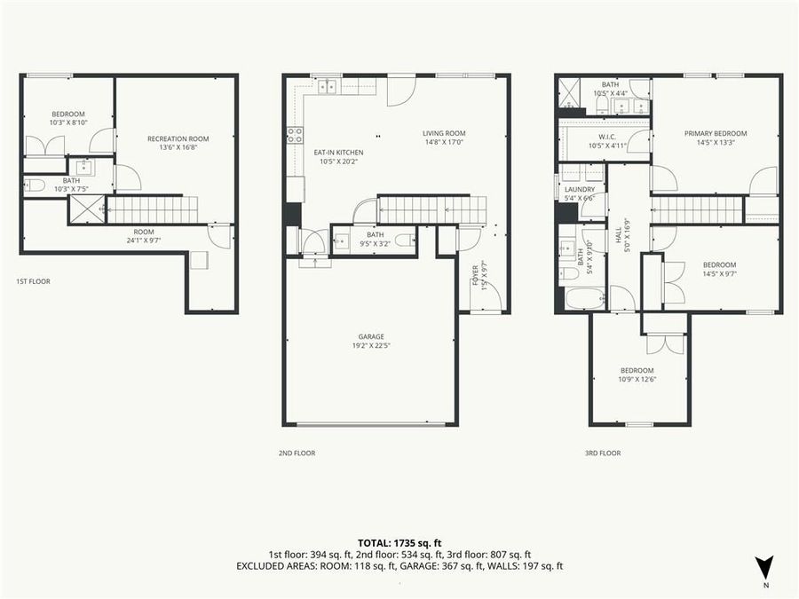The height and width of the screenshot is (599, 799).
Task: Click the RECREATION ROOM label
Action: pos(178,138)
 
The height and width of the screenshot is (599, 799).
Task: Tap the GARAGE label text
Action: pos(371,336)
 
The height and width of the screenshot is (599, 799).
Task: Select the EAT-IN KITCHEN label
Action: pos(338,153)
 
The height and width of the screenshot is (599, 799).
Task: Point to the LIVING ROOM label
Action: pos(444,132)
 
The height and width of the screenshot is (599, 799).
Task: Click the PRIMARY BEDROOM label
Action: pos(716,133)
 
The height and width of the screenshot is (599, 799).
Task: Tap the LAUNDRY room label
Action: pos(580,189)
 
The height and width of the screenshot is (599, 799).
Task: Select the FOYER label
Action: pos(476,272)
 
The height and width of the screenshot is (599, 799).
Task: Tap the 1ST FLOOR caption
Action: pos(33,281)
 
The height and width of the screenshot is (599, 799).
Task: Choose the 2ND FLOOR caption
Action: pos(297,453)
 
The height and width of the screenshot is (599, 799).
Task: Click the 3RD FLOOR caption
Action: pos(602,453)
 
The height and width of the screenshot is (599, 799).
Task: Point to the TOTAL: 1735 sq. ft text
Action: pos(399,541)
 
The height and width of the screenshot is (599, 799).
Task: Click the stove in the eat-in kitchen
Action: pos(294,135)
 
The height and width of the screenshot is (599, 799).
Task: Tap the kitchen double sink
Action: pos(326,86)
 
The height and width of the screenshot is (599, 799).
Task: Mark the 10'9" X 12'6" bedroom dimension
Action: pos(637,380)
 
